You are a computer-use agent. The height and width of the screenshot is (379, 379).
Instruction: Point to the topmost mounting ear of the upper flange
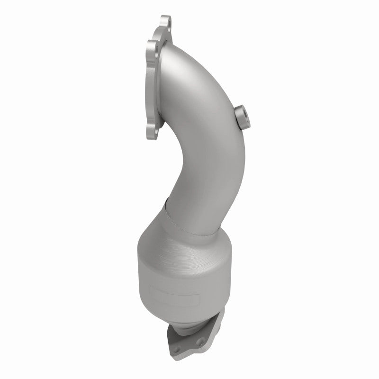tap(166, 22)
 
